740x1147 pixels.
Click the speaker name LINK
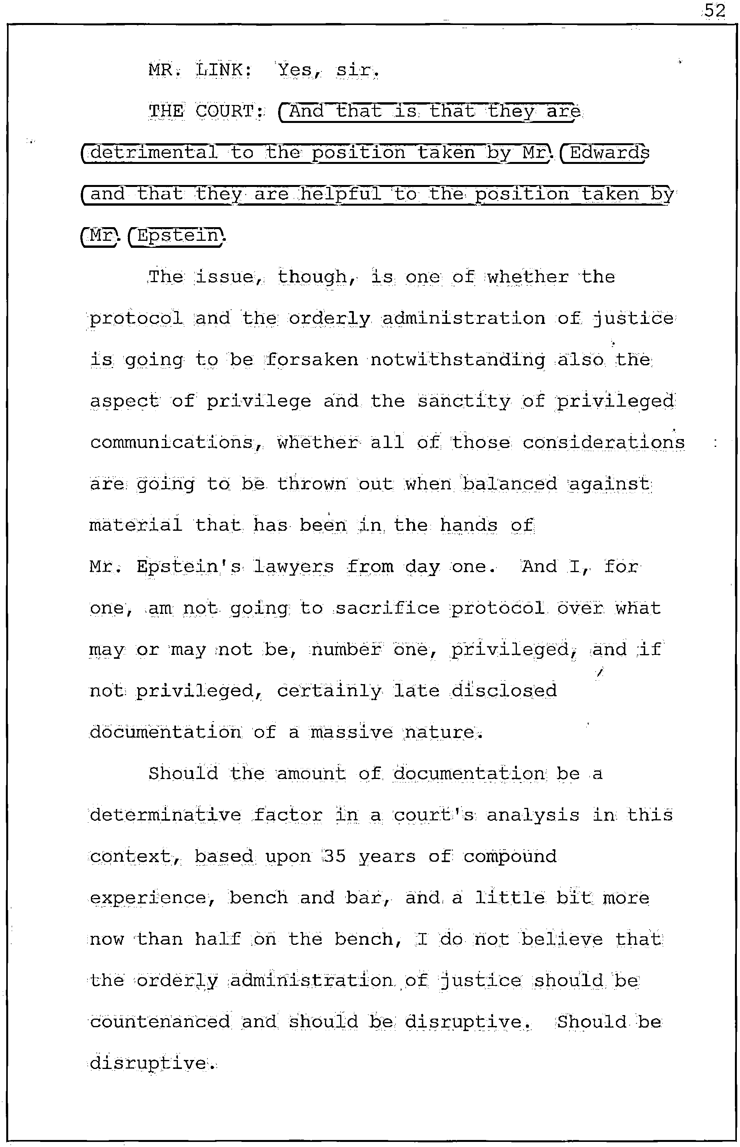click(x=223, y=70)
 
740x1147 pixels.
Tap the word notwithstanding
click(x=458, y=359)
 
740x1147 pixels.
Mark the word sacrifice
click(x=387, y=608)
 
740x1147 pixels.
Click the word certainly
click(x=329, y=691)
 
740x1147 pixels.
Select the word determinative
click(x=165, y=815)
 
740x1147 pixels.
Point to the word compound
click(x=510, y=856)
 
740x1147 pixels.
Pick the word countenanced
click(x=160, y=1022)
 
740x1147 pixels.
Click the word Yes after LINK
click(x=294, y=70)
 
